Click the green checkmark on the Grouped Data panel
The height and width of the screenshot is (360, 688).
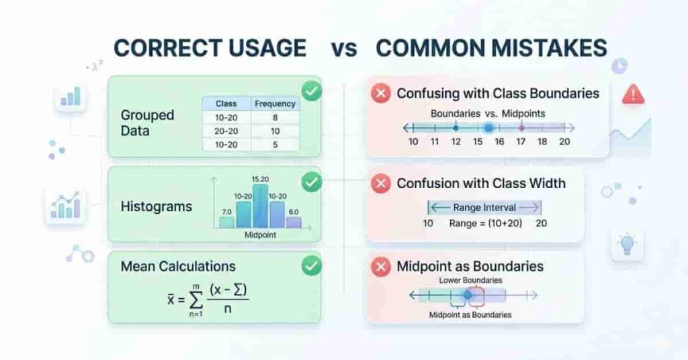(310, 90)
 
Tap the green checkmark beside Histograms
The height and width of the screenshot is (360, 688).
(310, 181)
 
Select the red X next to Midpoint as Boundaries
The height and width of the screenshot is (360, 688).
(380, 267)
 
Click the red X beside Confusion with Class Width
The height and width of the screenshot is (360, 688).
(380, 183)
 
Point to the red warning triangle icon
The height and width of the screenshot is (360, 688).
(633, 94)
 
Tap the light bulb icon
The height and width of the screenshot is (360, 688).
(628, 244)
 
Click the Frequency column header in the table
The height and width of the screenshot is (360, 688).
(275, 104)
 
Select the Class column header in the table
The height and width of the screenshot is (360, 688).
(226, 104)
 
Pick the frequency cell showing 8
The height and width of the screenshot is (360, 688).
(275, 117)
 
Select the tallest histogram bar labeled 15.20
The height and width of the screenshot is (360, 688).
(261, 206)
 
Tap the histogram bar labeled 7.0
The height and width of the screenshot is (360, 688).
(227, 222)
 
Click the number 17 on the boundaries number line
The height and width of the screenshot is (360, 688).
(521, 142)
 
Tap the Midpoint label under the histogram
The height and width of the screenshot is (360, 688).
(261, 236)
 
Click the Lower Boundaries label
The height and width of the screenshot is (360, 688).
(470, 280)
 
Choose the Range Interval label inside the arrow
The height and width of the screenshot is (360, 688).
(484, 208)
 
